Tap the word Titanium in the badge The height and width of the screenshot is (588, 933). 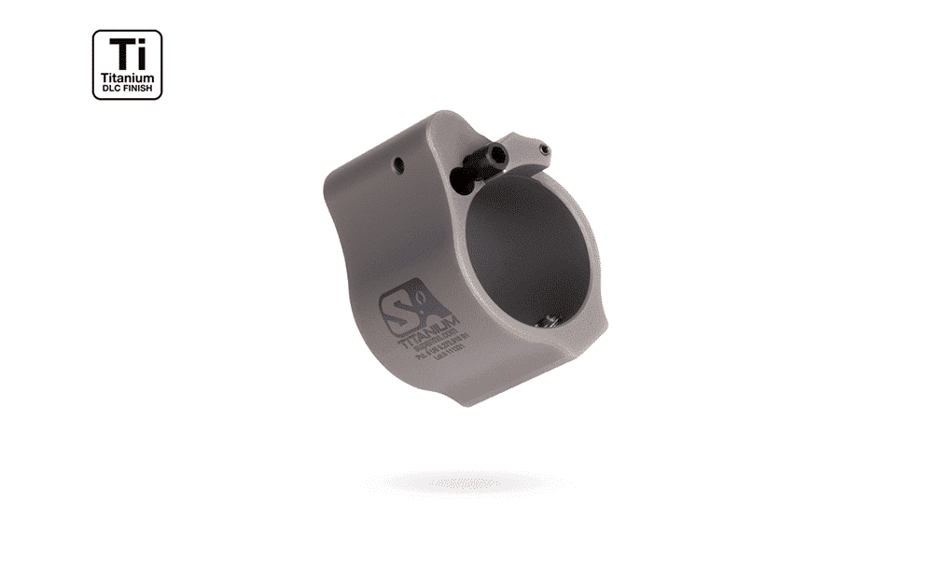click(x=127, y=78)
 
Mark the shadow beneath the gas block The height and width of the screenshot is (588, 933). click(x=466, y=483)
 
